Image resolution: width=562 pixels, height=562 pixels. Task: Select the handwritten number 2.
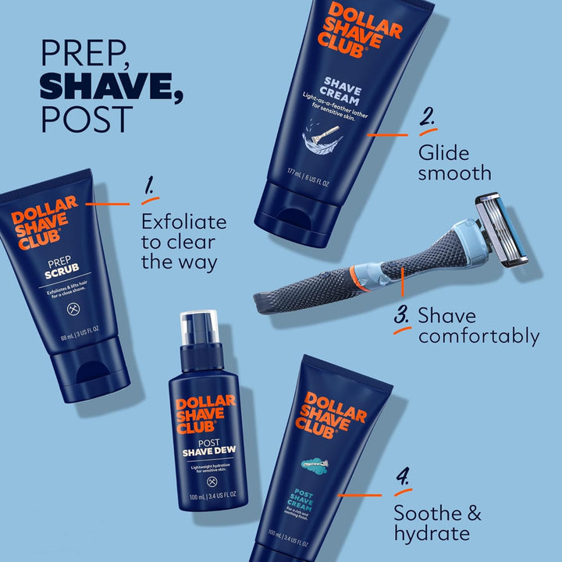point(427,119)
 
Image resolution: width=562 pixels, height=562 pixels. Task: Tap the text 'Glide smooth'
point(454,162)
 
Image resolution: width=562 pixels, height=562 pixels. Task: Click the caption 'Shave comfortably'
point(478,326)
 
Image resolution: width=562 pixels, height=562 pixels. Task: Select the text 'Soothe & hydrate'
point(437,523)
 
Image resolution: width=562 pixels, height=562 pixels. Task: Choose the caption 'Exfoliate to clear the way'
point(183,241)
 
